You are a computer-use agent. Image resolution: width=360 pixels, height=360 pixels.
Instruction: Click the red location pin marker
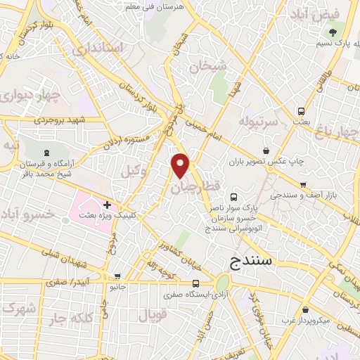pos(181,165)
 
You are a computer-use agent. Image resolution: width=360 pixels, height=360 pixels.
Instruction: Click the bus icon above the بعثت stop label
pos(301,110)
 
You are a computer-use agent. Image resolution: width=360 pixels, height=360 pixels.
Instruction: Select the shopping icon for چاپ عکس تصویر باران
pos(266,150)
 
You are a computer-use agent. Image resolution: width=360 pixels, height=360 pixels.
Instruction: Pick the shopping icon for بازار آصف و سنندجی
pos(303,185)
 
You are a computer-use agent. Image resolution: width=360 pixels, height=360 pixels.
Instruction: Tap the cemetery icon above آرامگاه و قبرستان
pos(47,153)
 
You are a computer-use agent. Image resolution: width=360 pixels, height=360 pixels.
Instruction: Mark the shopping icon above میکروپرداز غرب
pos(305,310)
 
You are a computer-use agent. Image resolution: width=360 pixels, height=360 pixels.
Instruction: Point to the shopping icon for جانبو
pos(117,276)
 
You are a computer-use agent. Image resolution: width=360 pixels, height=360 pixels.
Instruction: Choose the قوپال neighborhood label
pos(154,316)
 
